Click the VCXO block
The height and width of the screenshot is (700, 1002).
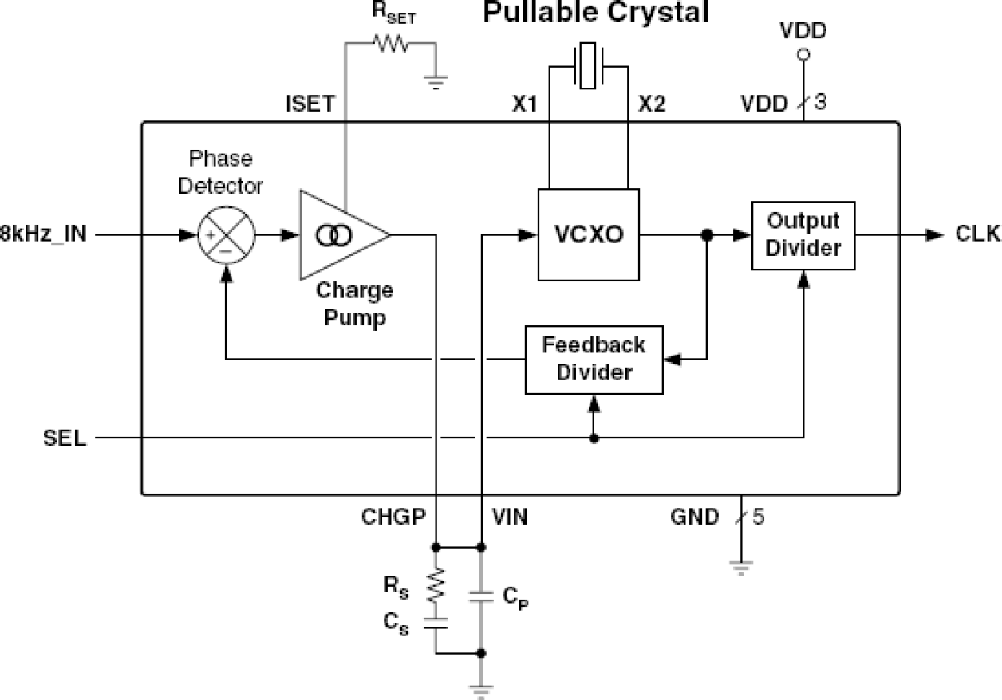589,235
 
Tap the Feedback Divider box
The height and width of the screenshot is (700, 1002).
594,360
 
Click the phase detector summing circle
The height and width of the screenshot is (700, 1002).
226,235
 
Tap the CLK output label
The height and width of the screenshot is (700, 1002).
976,234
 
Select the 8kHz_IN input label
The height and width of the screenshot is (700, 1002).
44,235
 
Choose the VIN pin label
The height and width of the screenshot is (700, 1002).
508,517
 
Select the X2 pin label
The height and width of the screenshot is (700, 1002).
651,105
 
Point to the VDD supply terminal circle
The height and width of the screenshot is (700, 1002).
804,55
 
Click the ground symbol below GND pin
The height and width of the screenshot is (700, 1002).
741,568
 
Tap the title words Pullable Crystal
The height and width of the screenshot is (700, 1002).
595,14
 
